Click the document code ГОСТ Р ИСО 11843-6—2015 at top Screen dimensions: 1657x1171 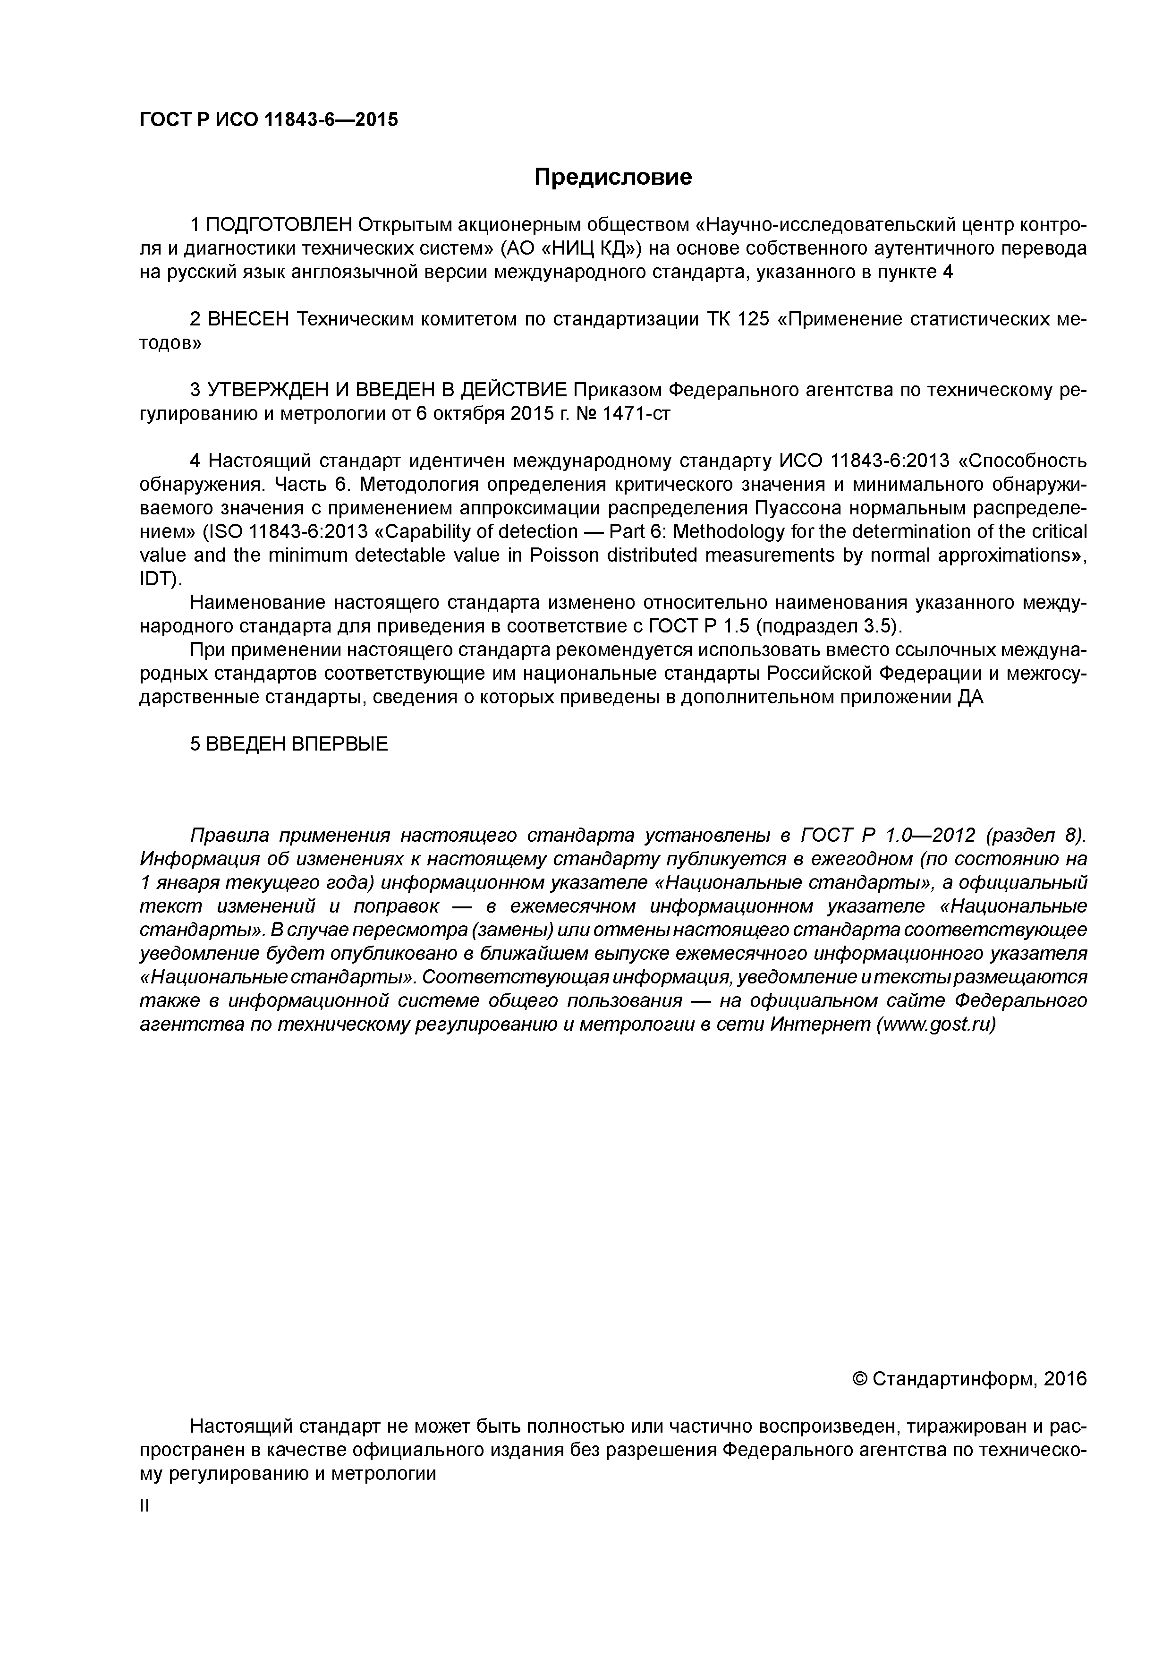(268, 120)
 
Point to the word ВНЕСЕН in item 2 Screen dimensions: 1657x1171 (248, 320)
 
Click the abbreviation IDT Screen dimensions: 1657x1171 (156, 580)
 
